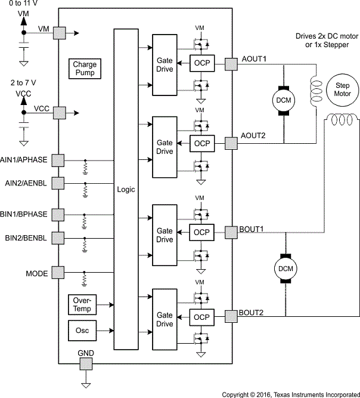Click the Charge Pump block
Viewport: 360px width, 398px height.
tap(85, 69)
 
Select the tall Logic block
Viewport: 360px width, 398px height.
tap(126, 189)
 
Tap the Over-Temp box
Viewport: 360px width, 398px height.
tap(82, 305)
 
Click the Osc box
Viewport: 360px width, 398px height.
tap(82, 330)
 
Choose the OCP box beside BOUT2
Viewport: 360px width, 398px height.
tap(202, 317)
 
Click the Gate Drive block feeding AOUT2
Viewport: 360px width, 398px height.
tap(165, 147)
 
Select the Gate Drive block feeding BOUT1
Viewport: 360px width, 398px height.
tap(165, 235)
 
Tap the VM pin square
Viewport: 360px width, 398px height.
tap(59, 33)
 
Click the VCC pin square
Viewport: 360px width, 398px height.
tap(59, 112)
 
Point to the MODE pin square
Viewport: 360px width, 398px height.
tap(58, 274)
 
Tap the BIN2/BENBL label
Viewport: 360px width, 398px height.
tap(26, 238)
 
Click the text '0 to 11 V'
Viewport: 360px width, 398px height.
tap(21, 4)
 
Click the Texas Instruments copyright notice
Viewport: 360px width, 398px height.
tap(290, 394)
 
